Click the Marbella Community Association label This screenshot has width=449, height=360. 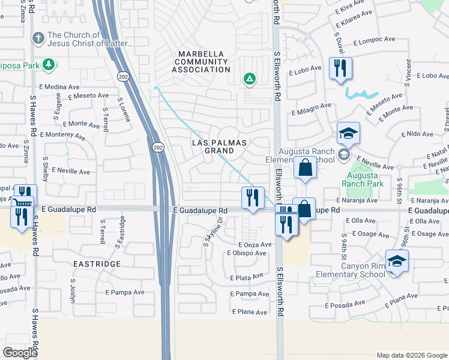[x=202, y=62]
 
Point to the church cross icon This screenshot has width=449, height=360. [x=38, y=39]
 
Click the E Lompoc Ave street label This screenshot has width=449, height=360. [x=374, y=41]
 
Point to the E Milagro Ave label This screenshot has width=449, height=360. [x=312, y=108]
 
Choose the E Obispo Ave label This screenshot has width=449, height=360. [x=246, y=253]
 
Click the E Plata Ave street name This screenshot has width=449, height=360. [x=247, y=277]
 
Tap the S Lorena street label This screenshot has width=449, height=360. [x=124, y=109]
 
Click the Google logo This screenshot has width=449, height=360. [x=20, y=353]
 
